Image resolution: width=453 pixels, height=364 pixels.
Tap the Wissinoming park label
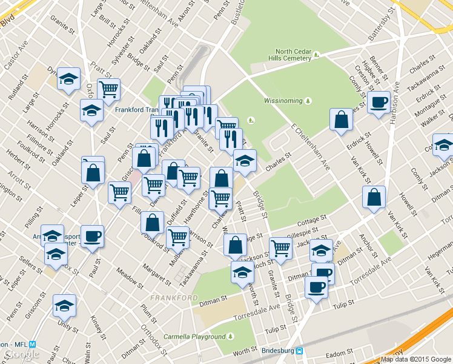283,100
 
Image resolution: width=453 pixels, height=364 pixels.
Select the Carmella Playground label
194,337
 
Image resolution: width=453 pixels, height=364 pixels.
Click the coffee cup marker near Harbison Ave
379,102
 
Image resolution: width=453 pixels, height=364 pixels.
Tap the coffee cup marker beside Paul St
92,236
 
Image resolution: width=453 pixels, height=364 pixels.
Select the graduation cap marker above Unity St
64,306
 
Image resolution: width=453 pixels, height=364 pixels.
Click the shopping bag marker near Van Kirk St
374,197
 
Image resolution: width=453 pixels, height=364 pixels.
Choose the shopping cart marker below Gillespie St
281,248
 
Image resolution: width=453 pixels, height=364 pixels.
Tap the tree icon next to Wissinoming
308,100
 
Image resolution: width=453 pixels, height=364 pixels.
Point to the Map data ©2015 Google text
416,359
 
